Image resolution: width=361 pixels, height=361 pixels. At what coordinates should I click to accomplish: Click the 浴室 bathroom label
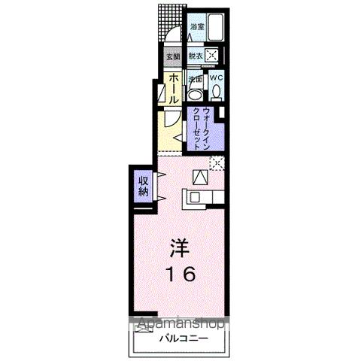[198, 27]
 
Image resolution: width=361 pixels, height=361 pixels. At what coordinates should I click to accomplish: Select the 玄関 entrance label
[172, 56]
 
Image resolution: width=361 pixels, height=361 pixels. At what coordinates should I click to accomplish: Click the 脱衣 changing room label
[196, 56]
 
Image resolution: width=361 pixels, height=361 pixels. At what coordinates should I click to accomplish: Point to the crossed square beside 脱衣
[214, 55]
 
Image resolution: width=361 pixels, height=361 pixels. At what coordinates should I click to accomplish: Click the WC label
[216, 77]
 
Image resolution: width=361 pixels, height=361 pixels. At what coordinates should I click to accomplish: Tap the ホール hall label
[172, 89]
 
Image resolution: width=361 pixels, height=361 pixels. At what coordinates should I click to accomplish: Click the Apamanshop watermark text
[180, 325]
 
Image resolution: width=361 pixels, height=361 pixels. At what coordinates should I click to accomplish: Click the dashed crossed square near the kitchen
[217, 162]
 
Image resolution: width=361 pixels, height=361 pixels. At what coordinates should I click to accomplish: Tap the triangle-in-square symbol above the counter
[200, 177]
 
